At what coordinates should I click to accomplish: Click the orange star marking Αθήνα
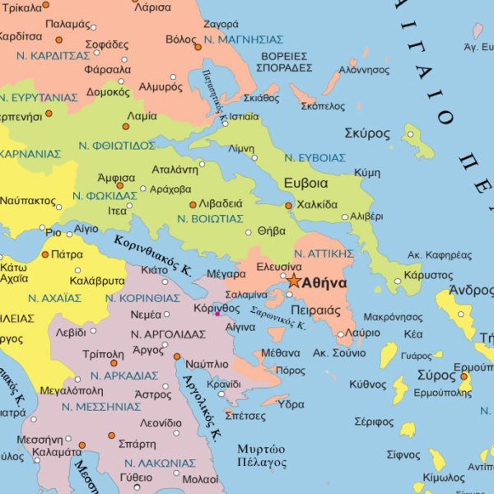[294, 281]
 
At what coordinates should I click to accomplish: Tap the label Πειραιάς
[316, 310]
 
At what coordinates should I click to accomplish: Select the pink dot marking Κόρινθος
[217, 314]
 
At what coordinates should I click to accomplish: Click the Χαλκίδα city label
[317, 204]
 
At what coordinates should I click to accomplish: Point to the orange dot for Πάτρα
[45, 254]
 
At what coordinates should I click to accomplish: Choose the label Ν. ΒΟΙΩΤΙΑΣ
[211, 218]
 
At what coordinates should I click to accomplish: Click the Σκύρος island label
[367, 133]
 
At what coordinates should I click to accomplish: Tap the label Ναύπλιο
[208, 363]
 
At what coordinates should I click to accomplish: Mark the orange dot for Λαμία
[126, 127]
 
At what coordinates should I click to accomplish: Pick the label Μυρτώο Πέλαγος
[261, 455]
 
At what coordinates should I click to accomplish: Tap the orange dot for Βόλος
[198, 47]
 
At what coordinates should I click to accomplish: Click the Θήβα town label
[272, 231]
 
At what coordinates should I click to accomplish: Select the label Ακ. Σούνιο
[339, 352]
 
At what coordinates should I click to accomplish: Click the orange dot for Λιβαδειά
[192, 204]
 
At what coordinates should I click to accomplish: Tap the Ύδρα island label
[291, 404]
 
